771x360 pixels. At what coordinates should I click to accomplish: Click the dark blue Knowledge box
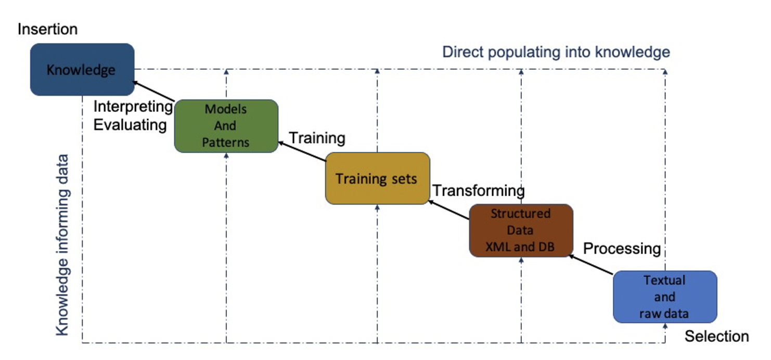click(x=82, y=69)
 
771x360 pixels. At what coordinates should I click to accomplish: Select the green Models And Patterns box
click(x=226, y=126)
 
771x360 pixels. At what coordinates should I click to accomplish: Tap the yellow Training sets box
click(x=377, y=178)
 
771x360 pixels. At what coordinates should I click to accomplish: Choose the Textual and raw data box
click(x=665, y=297)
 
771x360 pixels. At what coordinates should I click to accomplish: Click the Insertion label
click(x=47, y=29)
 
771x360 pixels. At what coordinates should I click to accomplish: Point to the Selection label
click(x=716, y=337)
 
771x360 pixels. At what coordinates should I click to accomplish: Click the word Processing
click(x=622, y=249)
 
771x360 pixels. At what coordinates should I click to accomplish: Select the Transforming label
click(x=479, y=191)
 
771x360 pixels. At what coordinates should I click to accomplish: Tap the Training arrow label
click(x=317, y=138)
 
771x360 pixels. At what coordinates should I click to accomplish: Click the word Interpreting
click(x=133, y=107)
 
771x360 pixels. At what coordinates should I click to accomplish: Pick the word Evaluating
click(x=130, y=125)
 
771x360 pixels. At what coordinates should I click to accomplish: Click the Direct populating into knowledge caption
click(x=556, y=52)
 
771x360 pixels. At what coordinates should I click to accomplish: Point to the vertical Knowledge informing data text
click(x=62, y=245)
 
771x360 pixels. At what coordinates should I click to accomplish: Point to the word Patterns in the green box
click(x=226, y=142)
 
